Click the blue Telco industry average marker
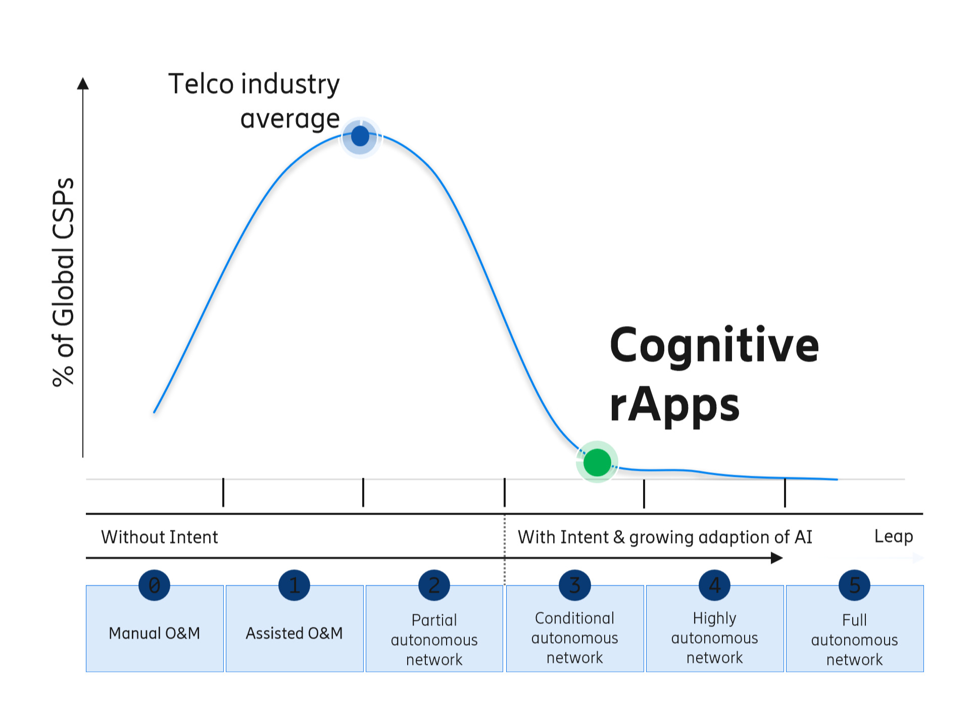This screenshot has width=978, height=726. pos(360,136)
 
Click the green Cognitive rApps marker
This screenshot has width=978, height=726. pos(597,462)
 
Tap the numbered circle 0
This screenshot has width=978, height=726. pos(154,585)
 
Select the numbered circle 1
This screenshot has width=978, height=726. pos(294,585)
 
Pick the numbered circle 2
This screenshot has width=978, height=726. pos(434,585)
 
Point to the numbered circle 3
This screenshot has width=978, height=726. pos(574,585)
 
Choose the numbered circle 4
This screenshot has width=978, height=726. pos(714,585)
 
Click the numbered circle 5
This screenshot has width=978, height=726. pos(854,585)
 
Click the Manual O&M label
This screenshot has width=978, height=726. pos(155,633)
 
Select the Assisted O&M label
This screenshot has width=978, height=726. pos(294,633)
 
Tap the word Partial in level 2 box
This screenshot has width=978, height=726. pos(434,620)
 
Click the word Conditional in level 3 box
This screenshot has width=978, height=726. pos(574,618)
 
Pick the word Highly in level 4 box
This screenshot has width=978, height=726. pos(714,618)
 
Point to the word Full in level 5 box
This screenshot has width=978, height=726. pos(854,620)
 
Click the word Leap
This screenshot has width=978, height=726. pos(893,536)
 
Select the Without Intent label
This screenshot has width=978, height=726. pos(160,537)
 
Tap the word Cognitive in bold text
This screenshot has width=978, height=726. pos(714,345)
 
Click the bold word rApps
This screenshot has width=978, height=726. pos(674,404)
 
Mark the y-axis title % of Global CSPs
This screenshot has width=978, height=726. pos(64,282)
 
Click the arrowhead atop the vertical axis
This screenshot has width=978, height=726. pos(83,83)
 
